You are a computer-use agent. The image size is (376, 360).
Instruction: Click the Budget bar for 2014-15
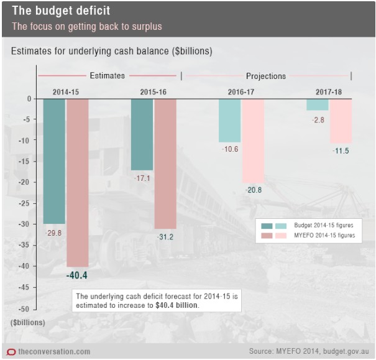(x=54, y=160)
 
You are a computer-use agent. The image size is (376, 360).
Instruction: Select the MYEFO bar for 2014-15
(x=78, y=182)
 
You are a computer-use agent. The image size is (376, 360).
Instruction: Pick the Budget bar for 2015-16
(x=142, y=134)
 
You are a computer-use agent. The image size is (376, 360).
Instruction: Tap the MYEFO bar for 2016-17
(x=253, y=141)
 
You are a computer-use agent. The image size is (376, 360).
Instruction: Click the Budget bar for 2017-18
(x=317, y=104)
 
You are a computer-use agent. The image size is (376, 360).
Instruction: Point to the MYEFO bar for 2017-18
(x=341, y=121)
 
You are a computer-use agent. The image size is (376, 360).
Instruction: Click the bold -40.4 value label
(x=76, y=275)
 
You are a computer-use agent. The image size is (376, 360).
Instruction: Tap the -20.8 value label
(x=253, y=190)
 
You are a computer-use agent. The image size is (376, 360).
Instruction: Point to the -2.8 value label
(x=318, y=119)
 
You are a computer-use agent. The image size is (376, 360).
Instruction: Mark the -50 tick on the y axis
(x=26, y=308)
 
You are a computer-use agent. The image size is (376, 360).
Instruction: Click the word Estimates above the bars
(x=107, y=76)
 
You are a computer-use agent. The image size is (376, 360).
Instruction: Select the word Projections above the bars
(x=266, y=76)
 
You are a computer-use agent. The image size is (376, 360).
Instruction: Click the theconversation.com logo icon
(x=11, y=352)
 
